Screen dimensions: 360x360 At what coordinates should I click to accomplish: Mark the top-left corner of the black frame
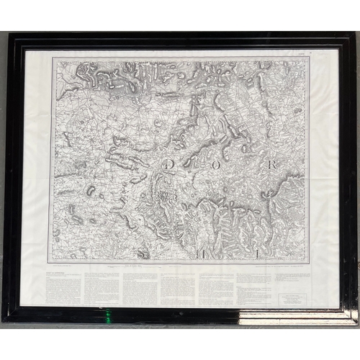[x=8, y=33]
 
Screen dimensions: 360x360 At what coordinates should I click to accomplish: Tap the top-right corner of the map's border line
[x=310, y=57]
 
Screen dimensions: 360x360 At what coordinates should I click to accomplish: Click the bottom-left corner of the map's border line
[x=49, y=261]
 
